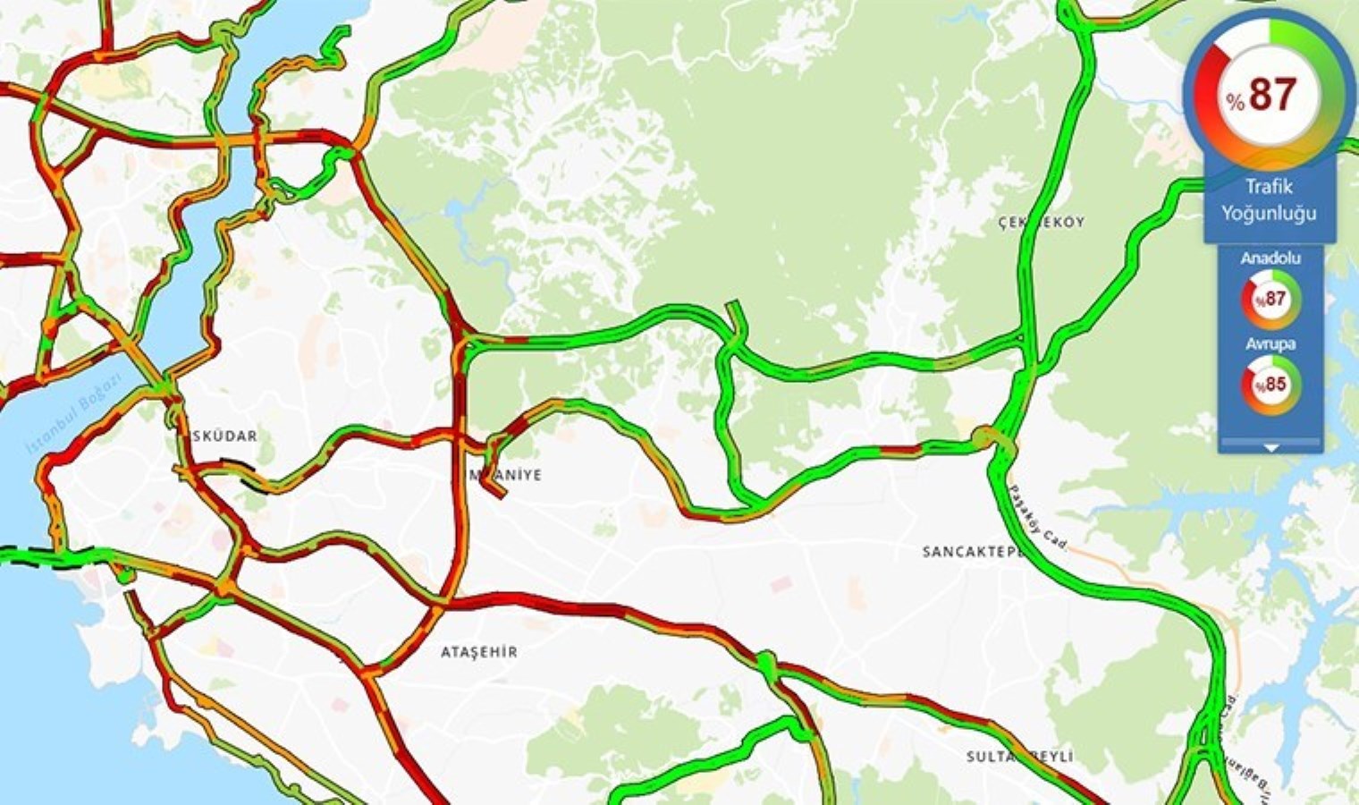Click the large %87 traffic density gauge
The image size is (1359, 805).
(1270, 93)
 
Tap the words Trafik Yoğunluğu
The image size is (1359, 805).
(1269, 200)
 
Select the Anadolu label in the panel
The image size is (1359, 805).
(1270, 258)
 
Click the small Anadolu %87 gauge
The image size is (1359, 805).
(1270, 300)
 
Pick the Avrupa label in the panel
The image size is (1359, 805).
(1270, 343)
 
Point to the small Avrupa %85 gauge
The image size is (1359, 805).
(1270, 386)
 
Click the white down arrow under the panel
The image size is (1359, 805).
(1270, 447)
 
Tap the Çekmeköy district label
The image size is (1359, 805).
(1041, 222)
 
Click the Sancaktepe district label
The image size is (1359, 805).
(973, 552)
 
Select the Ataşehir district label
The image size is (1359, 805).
(479, 652)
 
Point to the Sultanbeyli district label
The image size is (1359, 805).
(1019, 757)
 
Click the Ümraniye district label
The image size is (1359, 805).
(506, 475)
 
